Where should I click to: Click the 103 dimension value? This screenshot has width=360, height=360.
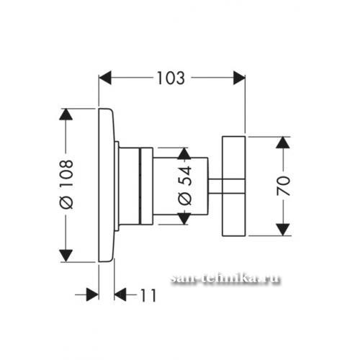(x=171, y=78)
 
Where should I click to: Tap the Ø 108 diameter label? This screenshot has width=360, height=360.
(x=66, y=184)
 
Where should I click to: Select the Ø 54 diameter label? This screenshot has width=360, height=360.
(x=185, y=186)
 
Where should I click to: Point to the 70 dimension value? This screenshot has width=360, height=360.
(x=284, y=186)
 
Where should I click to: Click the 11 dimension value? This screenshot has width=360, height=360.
(x=148, y=295)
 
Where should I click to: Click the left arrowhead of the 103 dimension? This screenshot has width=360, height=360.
(x=105, y=78)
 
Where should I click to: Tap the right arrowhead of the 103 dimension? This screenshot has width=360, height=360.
(x=239, y=78)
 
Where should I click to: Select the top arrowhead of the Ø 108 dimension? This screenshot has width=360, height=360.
(x=66, y=114)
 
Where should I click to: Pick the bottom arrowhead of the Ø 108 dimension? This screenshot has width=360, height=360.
(x=66, y=256)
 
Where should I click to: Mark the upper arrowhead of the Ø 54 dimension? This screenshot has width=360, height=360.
(x=184, y=153)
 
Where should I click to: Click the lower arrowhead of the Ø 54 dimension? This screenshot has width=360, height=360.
(x=184, y=219)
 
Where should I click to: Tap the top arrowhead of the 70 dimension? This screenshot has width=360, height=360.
(x=283, y=143)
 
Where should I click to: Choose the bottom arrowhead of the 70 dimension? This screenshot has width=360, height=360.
(x=283, y=230)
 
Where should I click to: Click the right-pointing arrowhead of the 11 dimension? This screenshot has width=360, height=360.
(x=92, y=294)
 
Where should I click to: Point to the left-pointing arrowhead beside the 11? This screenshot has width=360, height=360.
(x=120, y=294)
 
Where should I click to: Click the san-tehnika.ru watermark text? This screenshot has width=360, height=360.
(x=225, y=279)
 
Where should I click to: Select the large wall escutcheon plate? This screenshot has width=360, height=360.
(x=107, y=185)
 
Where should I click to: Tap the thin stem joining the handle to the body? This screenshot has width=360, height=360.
(x=215, y=186)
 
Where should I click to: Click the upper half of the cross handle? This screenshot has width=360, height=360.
(x=234, y=158)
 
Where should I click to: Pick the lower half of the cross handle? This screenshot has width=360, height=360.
(x=234, y=215)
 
